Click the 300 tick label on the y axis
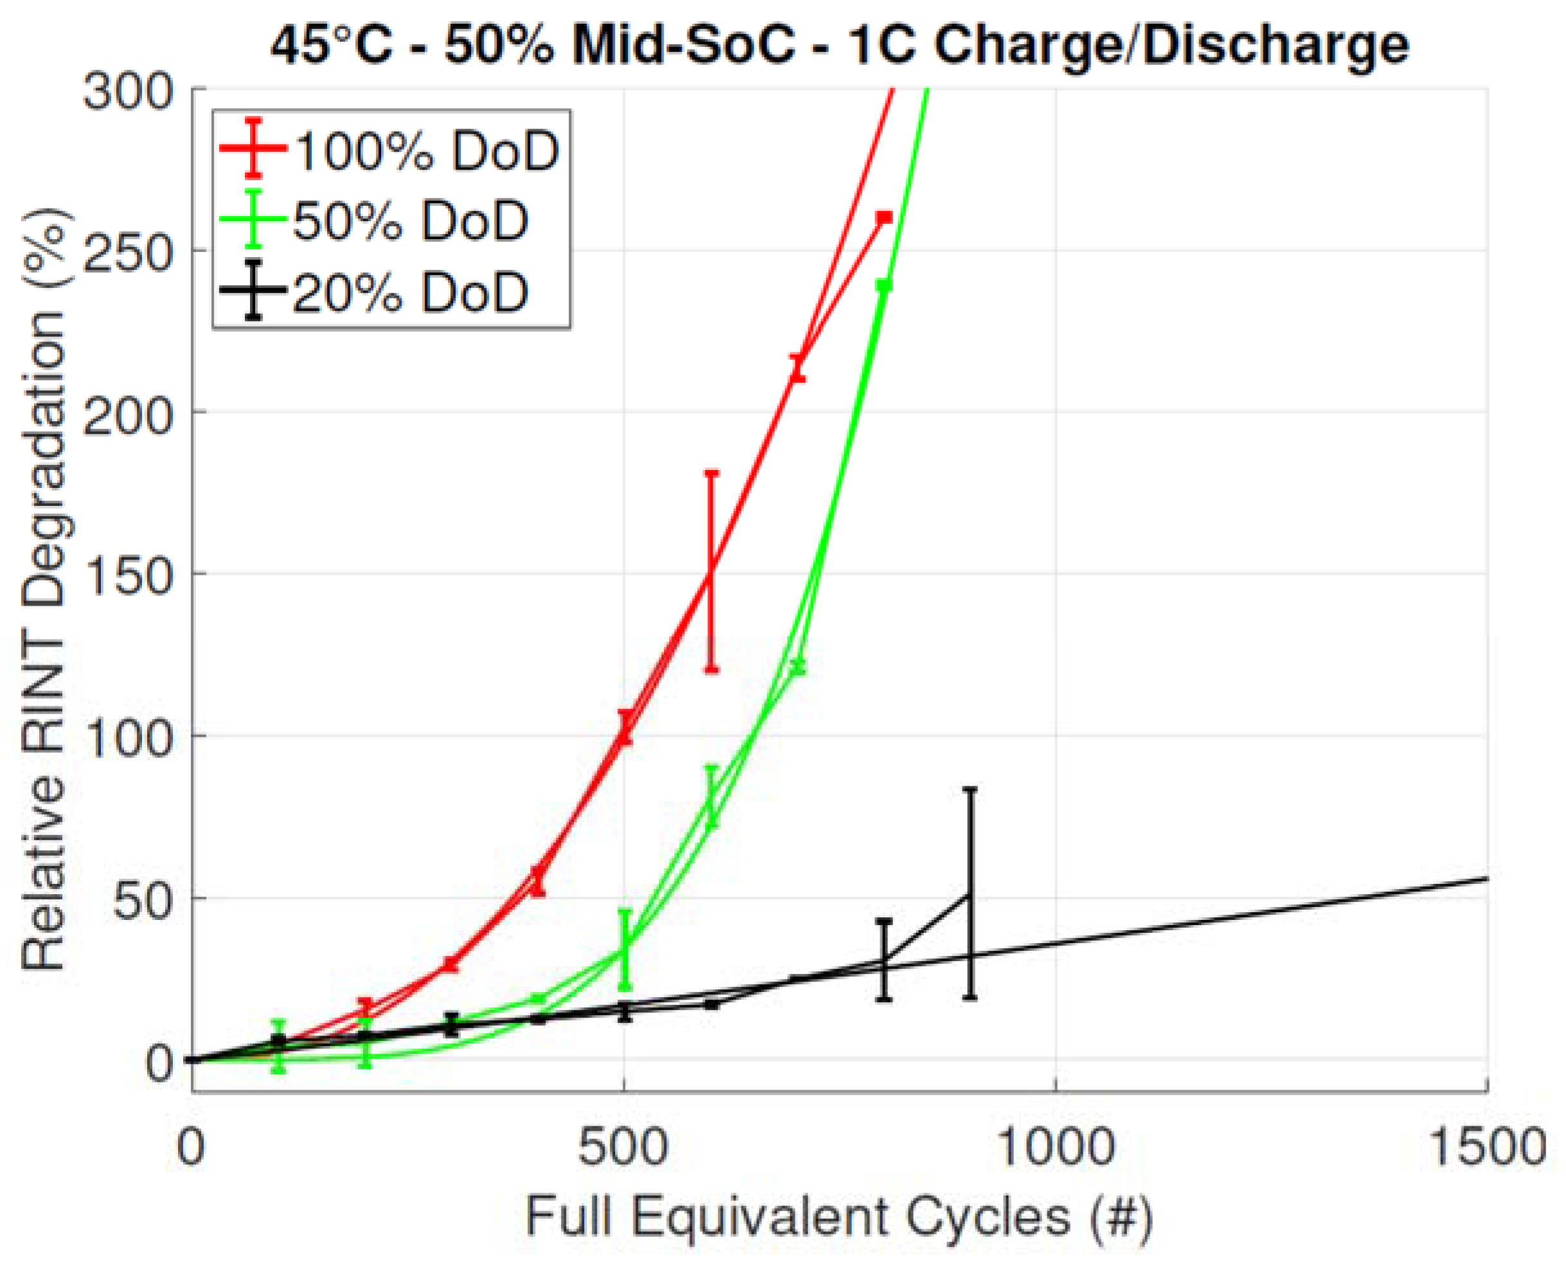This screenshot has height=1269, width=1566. (x=127, y=94)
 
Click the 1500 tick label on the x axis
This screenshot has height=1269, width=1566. (x=1486, y=1147)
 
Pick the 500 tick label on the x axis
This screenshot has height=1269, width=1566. (x=623, y=1147)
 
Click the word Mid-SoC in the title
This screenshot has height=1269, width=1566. (x=682, y=45)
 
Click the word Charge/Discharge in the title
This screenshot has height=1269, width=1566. (x=1171, y=45)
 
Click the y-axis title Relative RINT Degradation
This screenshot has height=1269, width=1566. (x=44, y=589)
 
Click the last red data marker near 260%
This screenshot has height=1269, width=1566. (x=884, y=218)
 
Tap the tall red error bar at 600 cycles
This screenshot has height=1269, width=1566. (x=711, y=571)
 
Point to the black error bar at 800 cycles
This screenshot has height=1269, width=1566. (x=884, y=959)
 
